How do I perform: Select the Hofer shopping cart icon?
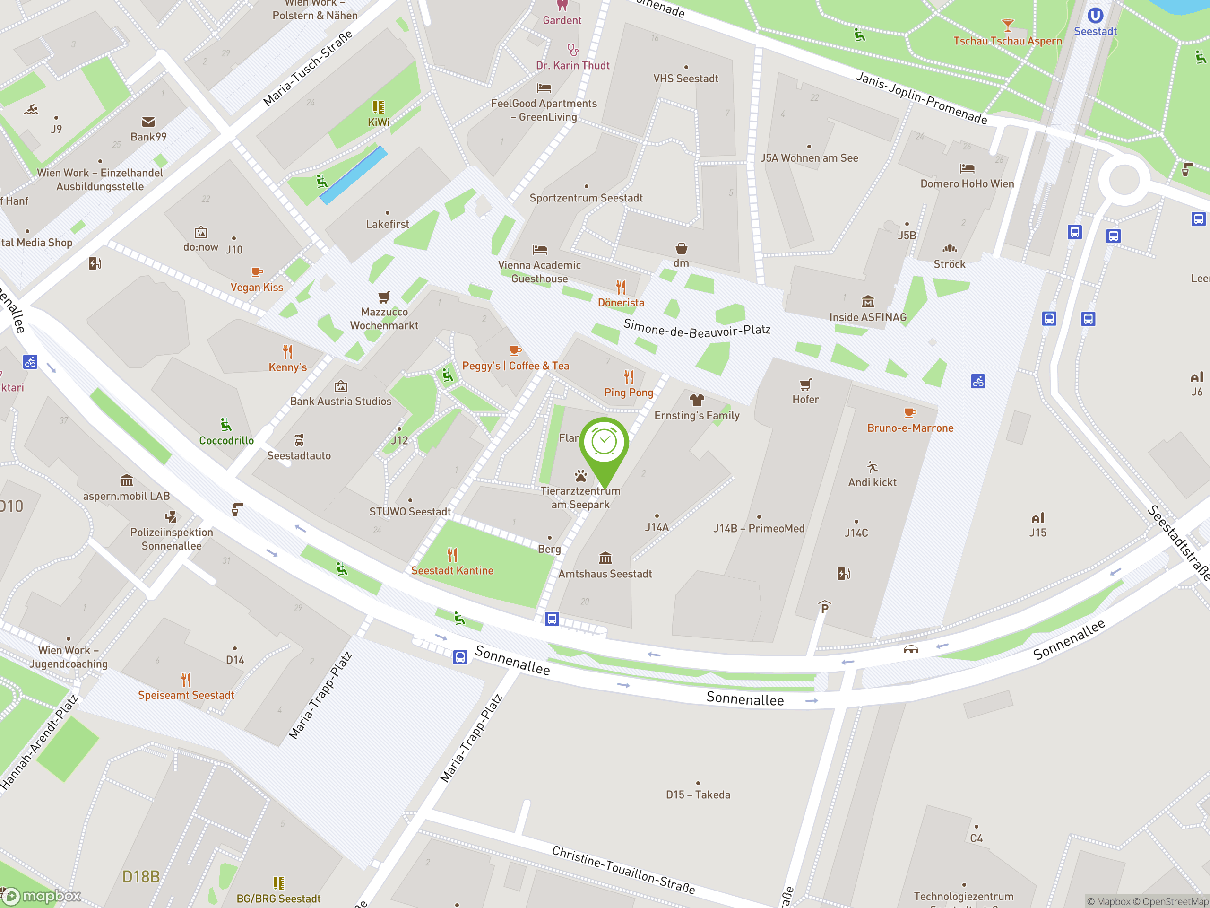805,384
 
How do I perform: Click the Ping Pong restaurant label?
629,393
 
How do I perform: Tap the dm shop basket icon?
681,248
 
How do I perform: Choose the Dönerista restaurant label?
621,303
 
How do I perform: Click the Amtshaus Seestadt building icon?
605,558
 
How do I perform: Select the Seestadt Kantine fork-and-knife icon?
452,555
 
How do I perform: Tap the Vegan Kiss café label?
257,288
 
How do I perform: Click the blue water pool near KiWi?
354,175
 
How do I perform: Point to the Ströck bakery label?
949,264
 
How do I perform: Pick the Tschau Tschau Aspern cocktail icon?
1007,25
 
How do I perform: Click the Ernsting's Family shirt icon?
696,400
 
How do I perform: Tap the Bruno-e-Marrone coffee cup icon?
910,413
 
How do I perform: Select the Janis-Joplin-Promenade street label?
921,98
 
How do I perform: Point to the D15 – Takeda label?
698,794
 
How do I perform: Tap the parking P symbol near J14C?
824,607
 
